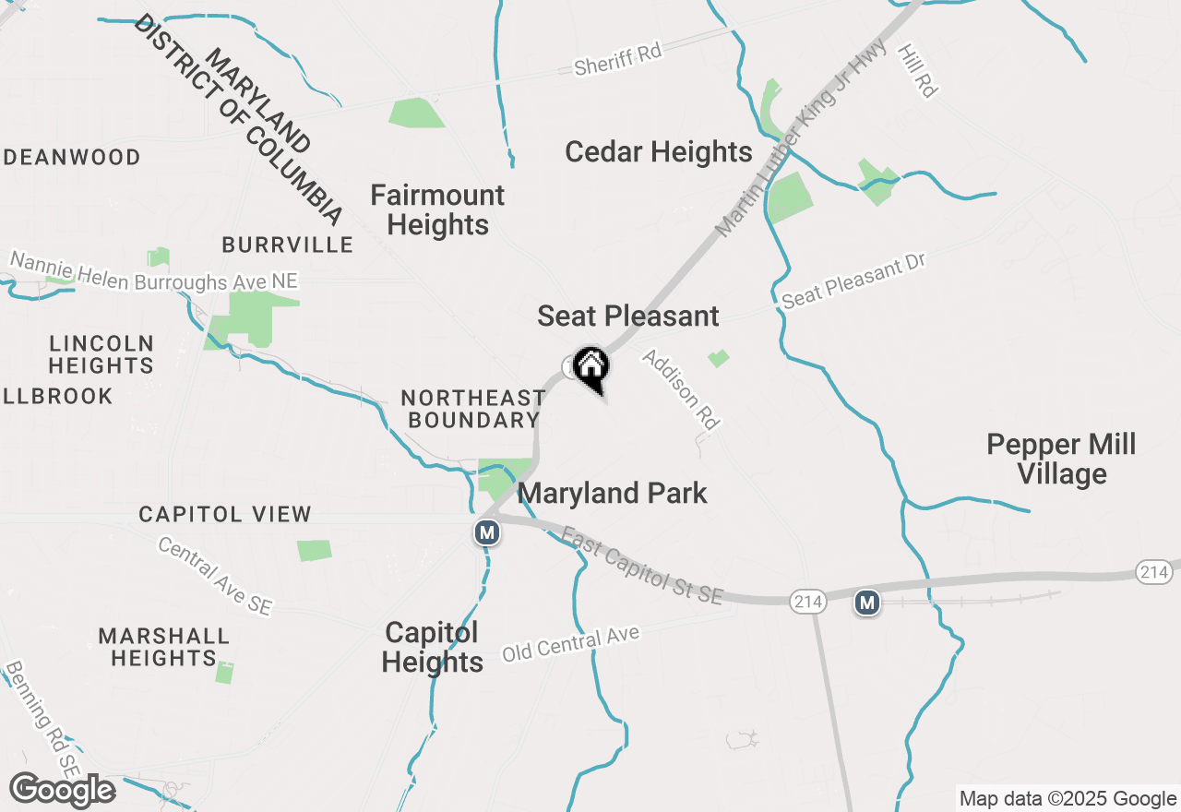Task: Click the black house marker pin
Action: [x=590, y=367]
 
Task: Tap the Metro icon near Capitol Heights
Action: [x=487, y=532]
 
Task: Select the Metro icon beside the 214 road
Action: [x=866, y=603]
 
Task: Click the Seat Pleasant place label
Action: [x=628, y=316]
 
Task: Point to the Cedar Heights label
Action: [x=659, y=151]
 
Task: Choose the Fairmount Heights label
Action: [x=437, y=209]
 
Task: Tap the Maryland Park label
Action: [x=613, y=493]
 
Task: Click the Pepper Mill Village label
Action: [x=1061, y=459]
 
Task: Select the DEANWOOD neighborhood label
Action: [x=73, y=157]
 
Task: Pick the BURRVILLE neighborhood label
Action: [x=287, y=245]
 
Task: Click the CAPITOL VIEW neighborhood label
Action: [x=225, y=514]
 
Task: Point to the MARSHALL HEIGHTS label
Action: [x=164, y=647]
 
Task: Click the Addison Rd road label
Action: [x=681, y=388]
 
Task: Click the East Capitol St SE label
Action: [x=642, y=566]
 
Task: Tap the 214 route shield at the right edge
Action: [x=1154, y=573]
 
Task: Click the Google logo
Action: [x=62, y=791]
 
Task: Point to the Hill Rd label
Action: [x=918, y=70]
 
